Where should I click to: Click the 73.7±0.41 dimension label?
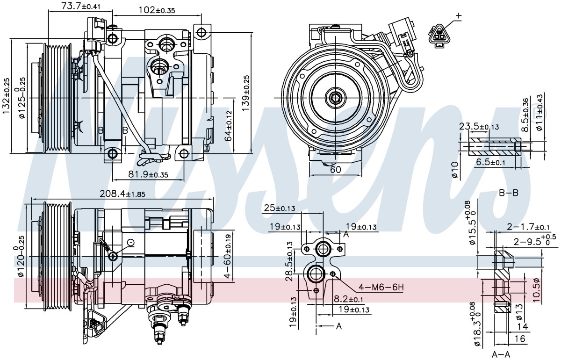(x=81, y=6)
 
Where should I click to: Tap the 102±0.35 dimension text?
(x=157, y=10)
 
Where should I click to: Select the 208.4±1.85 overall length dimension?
(x=122, y=194)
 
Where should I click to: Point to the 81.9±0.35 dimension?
(x=148, y=174)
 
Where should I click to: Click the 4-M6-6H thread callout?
(x=381, y=288)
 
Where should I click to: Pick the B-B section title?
(x=509, y=193)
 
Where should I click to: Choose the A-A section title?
(x=501, y=355)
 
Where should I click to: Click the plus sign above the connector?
(x=459, y=16)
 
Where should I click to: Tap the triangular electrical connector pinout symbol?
(x=439, y=36)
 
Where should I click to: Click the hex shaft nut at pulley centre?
(x=335, y=98)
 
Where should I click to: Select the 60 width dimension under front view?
(x=335, y=170)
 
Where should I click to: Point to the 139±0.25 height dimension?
(x=246, y=93)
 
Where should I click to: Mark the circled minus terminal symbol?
(x=131, y=243)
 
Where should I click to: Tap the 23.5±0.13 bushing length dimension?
(x=479, y=127)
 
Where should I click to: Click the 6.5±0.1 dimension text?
(x=490, y=162)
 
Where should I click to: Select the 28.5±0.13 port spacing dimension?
(x=289, y=261)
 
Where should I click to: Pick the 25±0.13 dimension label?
(x=280, y=208)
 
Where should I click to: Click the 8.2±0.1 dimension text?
(x=348, y=299)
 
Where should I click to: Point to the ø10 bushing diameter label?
(x=455, y=170)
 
